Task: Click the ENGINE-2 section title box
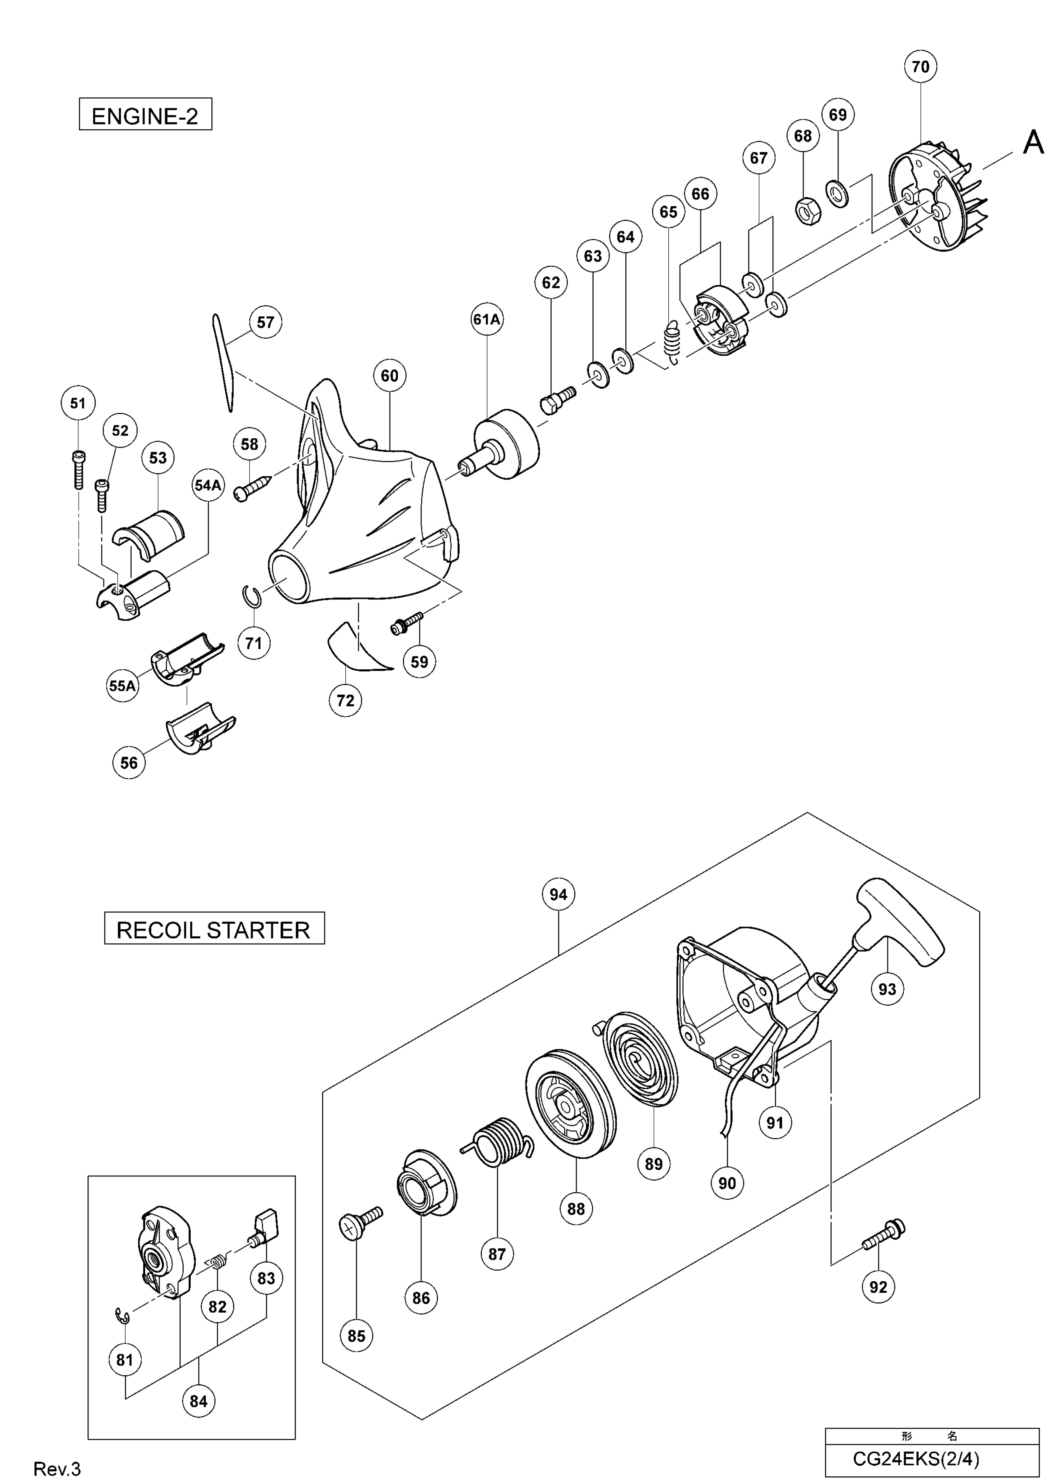146,116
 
